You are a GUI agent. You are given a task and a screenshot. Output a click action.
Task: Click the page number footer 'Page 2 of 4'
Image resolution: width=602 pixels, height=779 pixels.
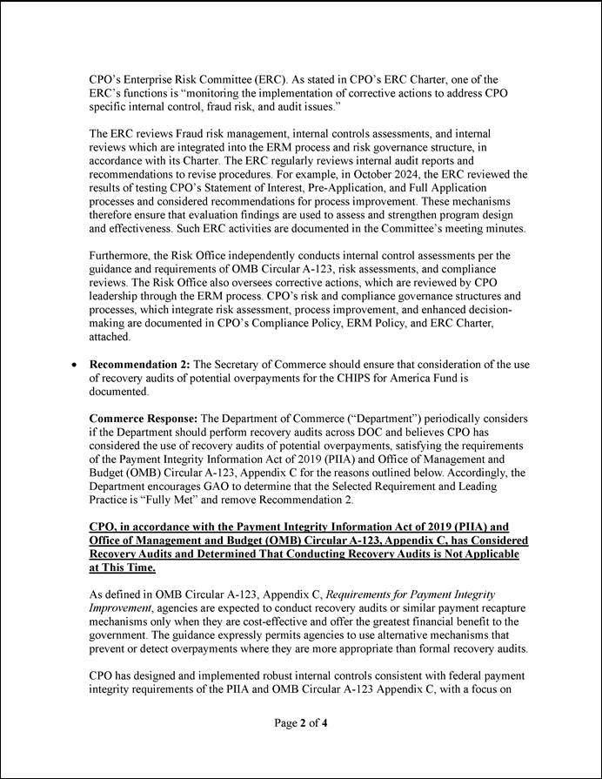(x=300, y=723)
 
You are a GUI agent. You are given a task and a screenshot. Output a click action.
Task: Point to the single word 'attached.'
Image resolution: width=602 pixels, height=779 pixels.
(x=110, y=336)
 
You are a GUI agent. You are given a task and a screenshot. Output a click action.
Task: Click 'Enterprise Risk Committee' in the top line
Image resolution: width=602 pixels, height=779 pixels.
(x=199, y=78)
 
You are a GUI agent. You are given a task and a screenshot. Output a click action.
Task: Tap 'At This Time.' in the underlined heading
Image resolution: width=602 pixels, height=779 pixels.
(x=122, y=567)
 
